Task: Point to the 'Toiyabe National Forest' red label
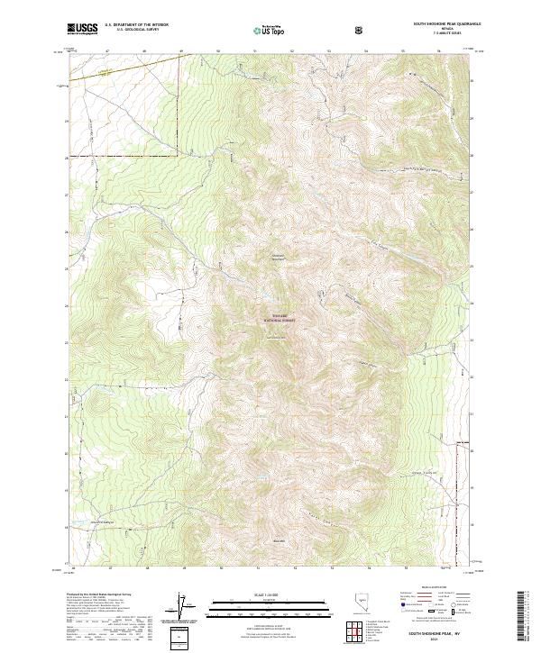tap(278, 318)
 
